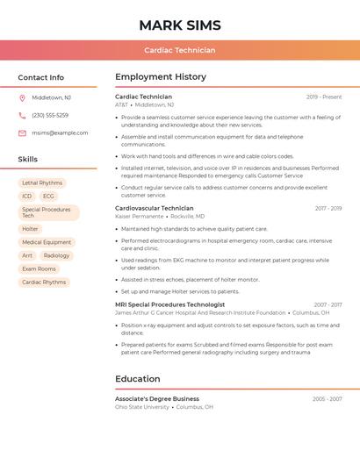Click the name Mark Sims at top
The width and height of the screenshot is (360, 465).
click(x=180, y=25)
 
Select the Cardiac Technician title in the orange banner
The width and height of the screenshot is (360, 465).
click(x=180, y=50)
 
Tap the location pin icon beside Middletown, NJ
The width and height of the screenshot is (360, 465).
click(x=22, y=97)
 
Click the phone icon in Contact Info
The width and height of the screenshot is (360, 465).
click(x=22, y=115)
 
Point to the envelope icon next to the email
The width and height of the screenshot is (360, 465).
click(x=22, y=132)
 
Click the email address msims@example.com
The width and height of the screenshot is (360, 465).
click(x=60, y=132)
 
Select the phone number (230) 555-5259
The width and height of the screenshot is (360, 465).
click(x=50, y=115)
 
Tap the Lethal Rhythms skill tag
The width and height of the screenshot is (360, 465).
click(x=42, y=183)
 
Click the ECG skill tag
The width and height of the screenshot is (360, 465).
click(x=48, y=197)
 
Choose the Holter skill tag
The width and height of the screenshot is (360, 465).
click(x=31, y=229)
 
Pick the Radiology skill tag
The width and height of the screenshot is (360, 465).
click(x=56, y=255)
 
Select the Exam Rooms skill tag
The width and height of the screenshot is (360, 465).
click(x=39, y=268)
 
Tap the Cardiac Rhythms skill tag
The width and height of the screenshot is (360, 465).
click(x=44, y=283)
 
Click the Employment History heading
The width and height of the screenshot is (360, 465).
click(x=161, y=77)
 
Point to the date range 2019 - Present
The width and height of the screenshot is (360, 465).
click(x=324, y=97)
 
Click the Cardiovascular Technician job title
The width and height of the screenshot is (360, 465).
click(x=155, y=208)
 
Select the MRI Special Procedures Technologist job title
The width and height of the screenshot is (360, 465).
click(x=169, y=304)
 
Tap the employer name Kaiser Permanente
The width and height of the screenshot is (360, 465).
click(x=140, y=216)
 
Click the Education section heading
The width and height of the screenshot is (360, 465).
click(x=138, y=379)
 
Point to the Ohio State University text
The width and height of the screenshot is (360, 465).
click(x=142, y=407)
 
